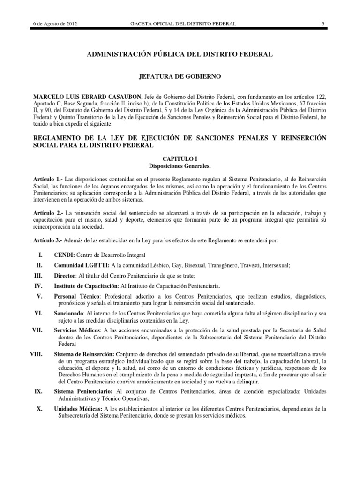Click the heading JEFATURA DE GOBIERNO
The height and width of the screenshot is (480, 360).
(x=180, y=75)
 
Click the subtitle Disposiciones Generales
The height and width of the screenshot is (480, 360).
(x=180, y=166)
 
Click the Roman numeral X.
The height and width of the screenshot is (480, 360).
(x=40, y=409)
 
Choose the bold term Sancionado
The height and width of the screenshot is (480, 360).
(x=69, y=312)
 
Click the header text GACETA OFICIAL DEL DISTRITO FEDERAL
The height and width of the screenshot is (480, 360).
(x=180, y=24)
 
